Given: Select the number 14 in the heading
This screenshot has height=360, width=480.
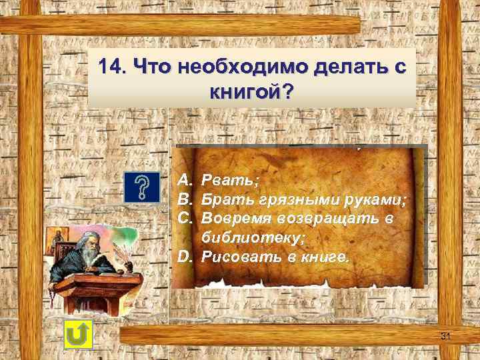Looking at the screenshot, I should point(110,67).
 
